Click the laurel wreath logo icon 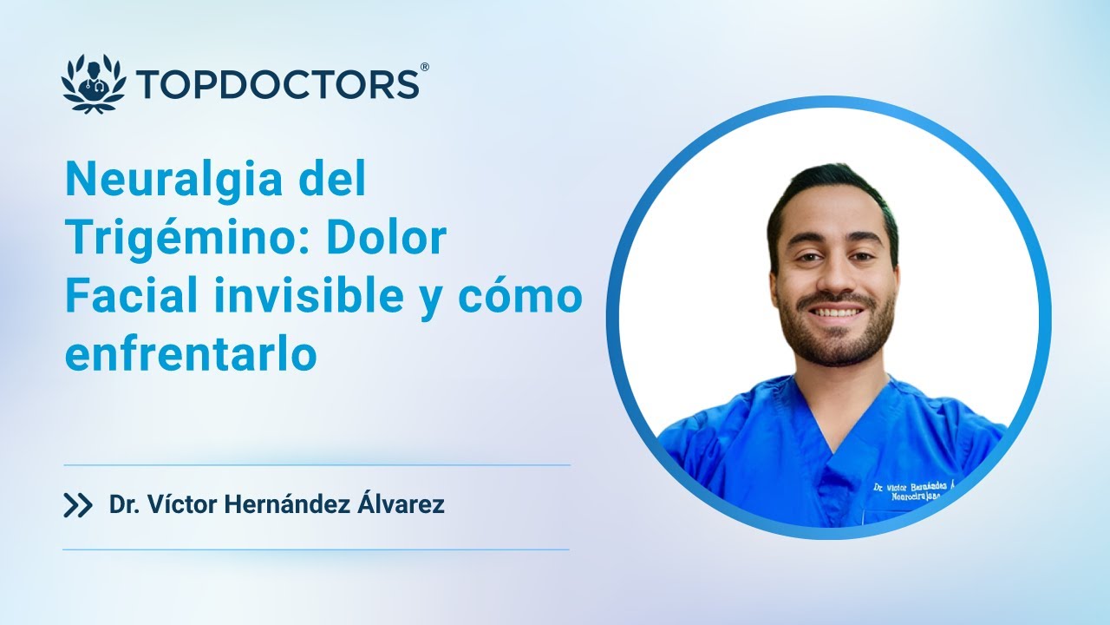(x=94, y=83)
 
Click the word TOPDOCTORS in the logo (x=277, y=84)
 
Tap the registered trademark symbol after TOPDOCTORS (x=424, y=67)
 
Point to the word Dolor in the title (x=386, y=239)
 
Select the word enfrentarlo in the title (x=191, y=354)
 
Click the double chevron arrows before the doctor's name (x=78, y=505)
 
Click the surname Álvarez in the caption (x=402, y=505)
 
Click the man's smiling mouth (x=837, y=311)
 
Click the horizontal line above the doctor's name (x=317, y=465)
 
